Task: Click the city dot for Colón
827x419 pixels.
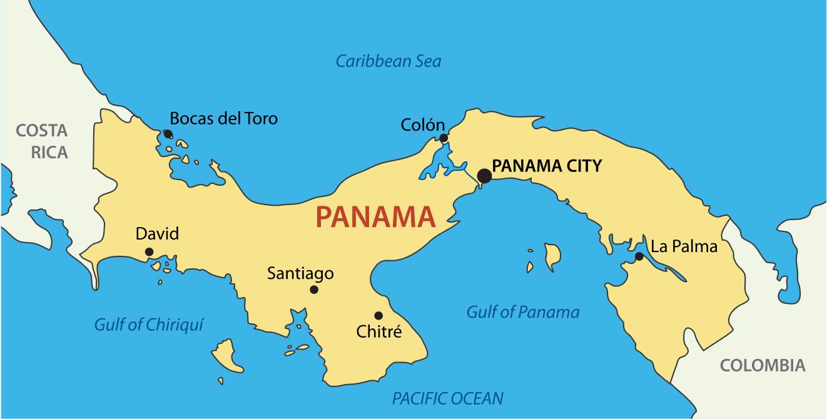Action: click(x=444, y=138)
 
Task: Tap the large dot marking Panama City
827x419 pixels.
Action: click(x=484, y=176)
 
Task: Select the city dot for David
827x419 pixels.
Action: click(x=149, y=252)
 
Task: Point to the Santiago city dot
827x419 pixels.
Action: click(x=314, y=290)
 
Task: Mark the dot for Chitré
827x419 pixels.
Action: click(x=378, y=315)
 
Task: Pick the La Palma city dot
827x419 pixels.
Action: click(x=639, y=256)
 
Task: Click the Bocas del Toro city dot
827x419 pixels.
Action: click(x=168, y=134)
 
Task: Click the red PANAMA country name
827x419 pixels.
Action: click(x=375, y=217)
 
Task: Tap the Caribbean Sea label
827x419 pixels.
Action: click(x=388, y=61)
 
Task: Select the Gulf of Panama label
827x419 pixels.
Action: click(x=523, y=312)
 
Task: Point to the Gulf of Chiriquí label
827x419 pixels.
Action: click(x=149, y=325)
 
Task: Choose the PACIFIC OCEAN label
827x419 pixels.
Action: click(x=447, y=398)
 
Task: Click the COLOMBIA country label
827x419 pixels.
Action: click(x=763, y=366)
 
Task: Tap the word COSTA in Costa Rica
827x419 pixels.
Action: click(x=41, y=131)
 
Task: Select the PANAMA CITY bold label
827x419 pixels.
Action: click(x=547, y=166)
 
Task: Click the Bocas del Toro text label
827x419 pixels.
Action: click(x=224, y=118)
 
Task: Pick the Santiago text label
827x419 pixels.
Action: click(x=300, y=273)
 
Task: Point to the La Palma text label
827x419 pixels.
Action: click(x=684, y=246)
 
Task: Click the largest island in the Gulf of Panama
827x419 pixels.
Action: click(x=552, y=255)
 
